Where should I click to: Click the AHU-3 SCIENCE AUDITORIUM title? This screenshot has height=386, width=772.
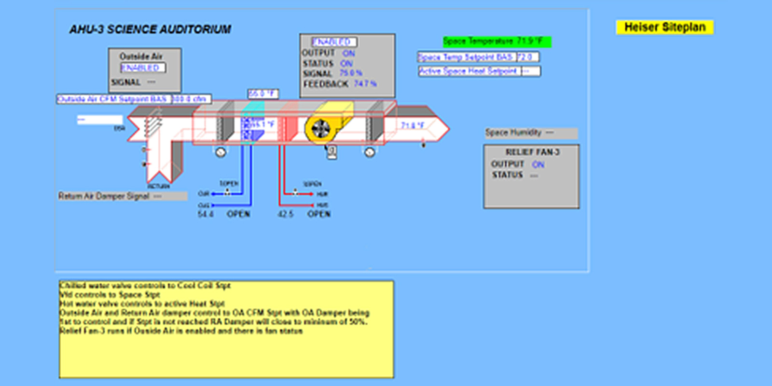click(150, 29)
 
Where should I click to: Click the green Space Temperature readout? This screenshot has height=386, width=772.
click(496, 41)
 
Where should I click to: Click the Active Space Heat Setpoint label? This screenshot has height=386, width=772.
click(468, 71)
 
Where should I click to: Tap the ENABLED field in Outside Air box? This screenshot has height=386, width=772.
click(143, 68)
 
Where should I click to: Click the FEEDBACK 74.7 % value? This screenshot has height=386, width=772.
click(365, 83)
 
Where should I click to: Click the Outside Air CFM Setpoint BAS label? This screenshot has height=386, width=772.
click(112, 99)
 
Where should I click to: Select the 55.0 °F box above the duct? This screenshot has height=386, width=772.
click(262, 94)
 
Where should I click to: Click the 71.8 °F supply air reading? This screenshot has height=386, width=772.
click(413, 125)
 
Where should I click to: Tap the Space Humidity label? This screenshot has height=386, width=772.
click(513, 132)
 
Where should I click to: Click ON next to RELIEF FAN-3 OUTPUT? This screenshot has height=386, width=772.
click(538, 165)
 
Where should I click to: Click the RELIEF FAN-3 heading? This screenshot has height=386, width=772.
click(532, 152)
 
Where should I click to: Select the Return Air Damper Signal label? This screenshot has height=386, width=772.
click(104, 196)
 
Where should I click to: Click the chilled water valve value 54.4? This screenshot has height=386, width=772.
click(206, 214)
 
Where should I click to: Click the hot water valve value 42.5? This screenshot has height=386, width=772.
click(285, 214)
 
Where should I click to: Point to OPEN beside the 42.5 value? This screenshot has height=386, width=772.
click(319, 214)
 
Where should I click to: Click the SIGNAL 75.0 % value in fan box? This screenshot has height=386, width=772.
click(351, 73)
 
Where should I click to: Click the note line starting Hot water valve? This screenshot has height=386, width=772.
click(142, 303)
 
